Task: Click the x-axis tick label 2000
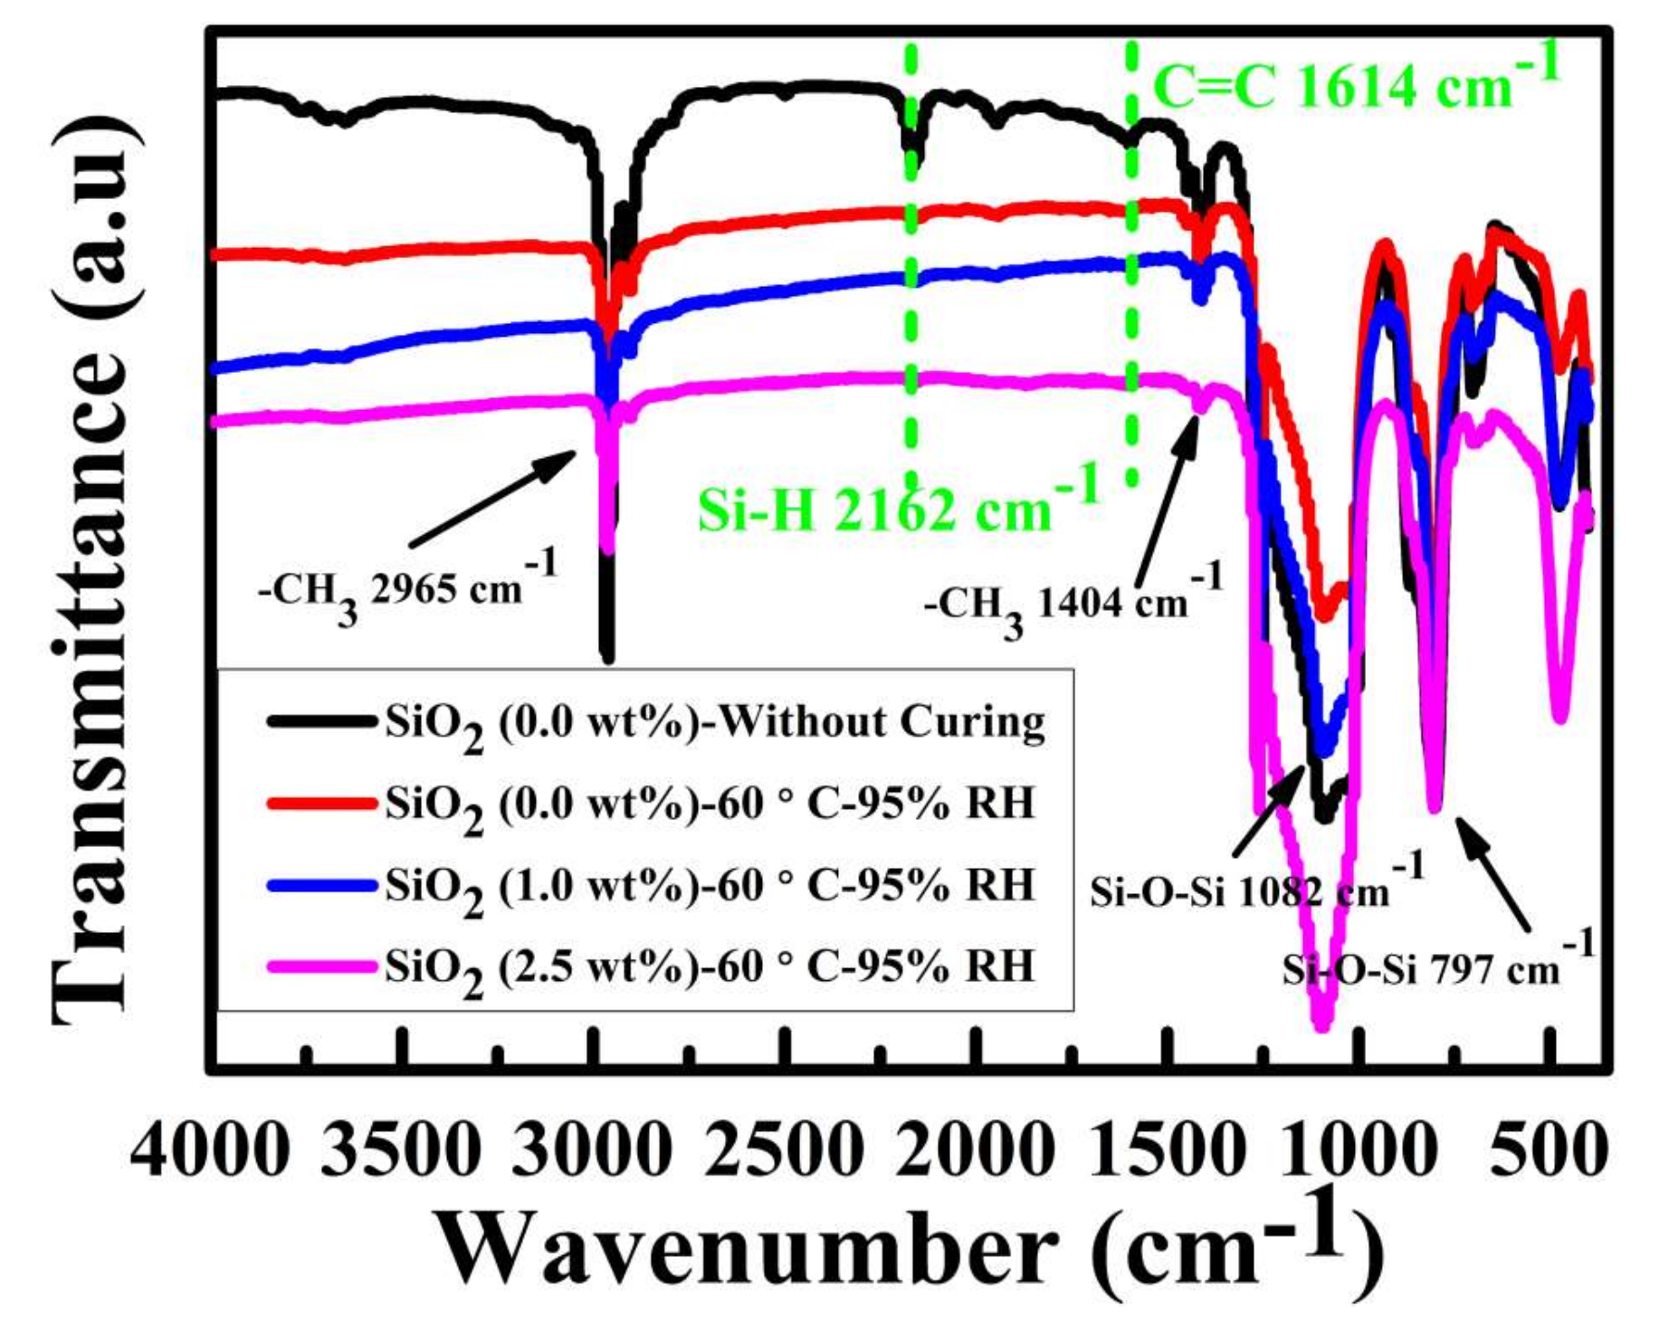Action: [975, 1151]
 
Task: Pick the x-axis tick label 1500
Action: [1166, 1151]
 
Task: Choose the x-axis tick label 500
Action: [1549, 1151]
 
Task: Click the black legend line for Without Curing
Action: [321, 721]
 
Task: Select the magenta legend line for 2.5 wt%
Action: [321, 966]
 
